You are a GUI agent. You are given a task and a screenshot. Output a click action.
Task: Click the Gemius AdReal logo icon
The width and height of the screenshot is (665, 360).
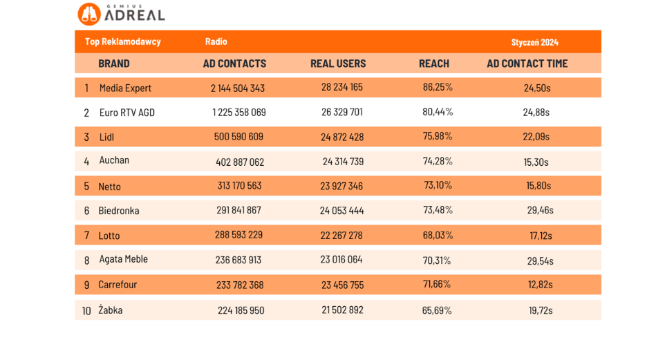coord(89,14)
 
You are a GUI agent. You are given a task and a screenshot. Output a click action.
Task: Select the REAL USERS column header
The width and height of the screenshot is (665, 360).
coord(338,64)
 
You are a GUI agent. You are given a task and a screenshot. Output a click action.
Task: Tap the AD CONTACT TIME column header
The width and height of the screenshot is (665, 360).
coord(527,64)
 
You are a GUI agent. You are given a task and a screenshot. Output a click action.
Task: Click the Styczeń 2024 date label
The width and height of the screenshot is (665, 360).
coord(534,42)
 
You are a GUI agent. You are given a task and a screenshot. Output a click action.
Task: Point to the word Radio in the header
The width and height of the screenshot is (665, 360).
coord(216,41)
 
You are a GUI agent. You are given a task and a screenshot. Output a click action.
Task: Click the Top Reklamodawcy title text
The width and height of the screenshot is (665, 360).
coord(123,41)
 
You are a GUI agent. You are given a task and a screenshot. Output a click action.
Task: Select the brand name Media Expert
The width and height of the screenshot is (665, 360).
coord(125,88)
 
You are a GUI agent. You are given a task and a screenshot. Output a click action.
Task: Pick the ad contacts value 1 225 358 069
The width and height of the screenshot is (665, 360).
coord(239,112)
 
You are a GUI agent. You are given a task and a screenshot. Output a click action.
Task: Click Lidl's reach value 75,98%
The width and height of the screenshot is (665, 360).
coord(438,136)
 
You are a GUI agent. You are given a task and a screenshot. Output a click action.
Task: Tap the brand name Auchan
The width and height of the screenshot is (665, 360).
coord(114,160)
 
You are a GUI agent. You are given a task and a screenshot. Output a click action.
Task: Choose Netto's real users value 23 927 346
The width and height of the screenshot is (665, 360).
coord(341,186)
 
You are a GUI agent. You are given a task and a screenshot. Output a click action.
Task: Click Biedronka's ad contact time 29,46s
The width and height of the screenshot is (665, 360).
coord(540,210)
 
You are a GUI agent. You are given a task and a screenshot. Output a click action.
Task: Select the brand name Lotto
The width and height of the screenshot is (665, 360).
coord(109,236)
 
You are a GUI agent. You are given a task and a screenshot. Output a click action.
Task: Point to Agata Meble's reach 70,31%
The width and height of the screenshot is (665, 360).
coord(437,260)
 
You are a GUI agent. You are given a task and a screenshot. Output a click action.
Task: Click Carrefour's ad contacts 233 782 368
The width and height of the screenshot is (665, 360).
coord(240,285)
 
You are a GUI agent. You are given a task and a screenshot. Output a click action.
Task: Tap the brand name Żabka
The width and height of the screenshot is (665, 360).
coord(111,310)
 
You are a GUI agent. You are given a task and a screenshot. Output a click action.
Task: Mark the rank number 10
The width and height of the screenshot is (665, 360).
coord(86,311)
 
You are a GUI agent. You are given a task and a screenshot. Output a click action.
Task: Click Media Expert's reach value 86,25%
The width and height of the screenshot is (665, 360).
coord(438,87)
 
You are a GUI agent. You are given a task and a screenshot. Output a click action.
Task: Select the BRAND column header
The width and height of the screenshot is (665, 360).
coord(114,64)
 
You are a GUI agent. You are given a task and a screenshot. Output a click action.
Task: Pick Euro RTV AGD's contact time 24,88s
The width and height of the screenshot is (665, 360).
coord(536,112)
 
